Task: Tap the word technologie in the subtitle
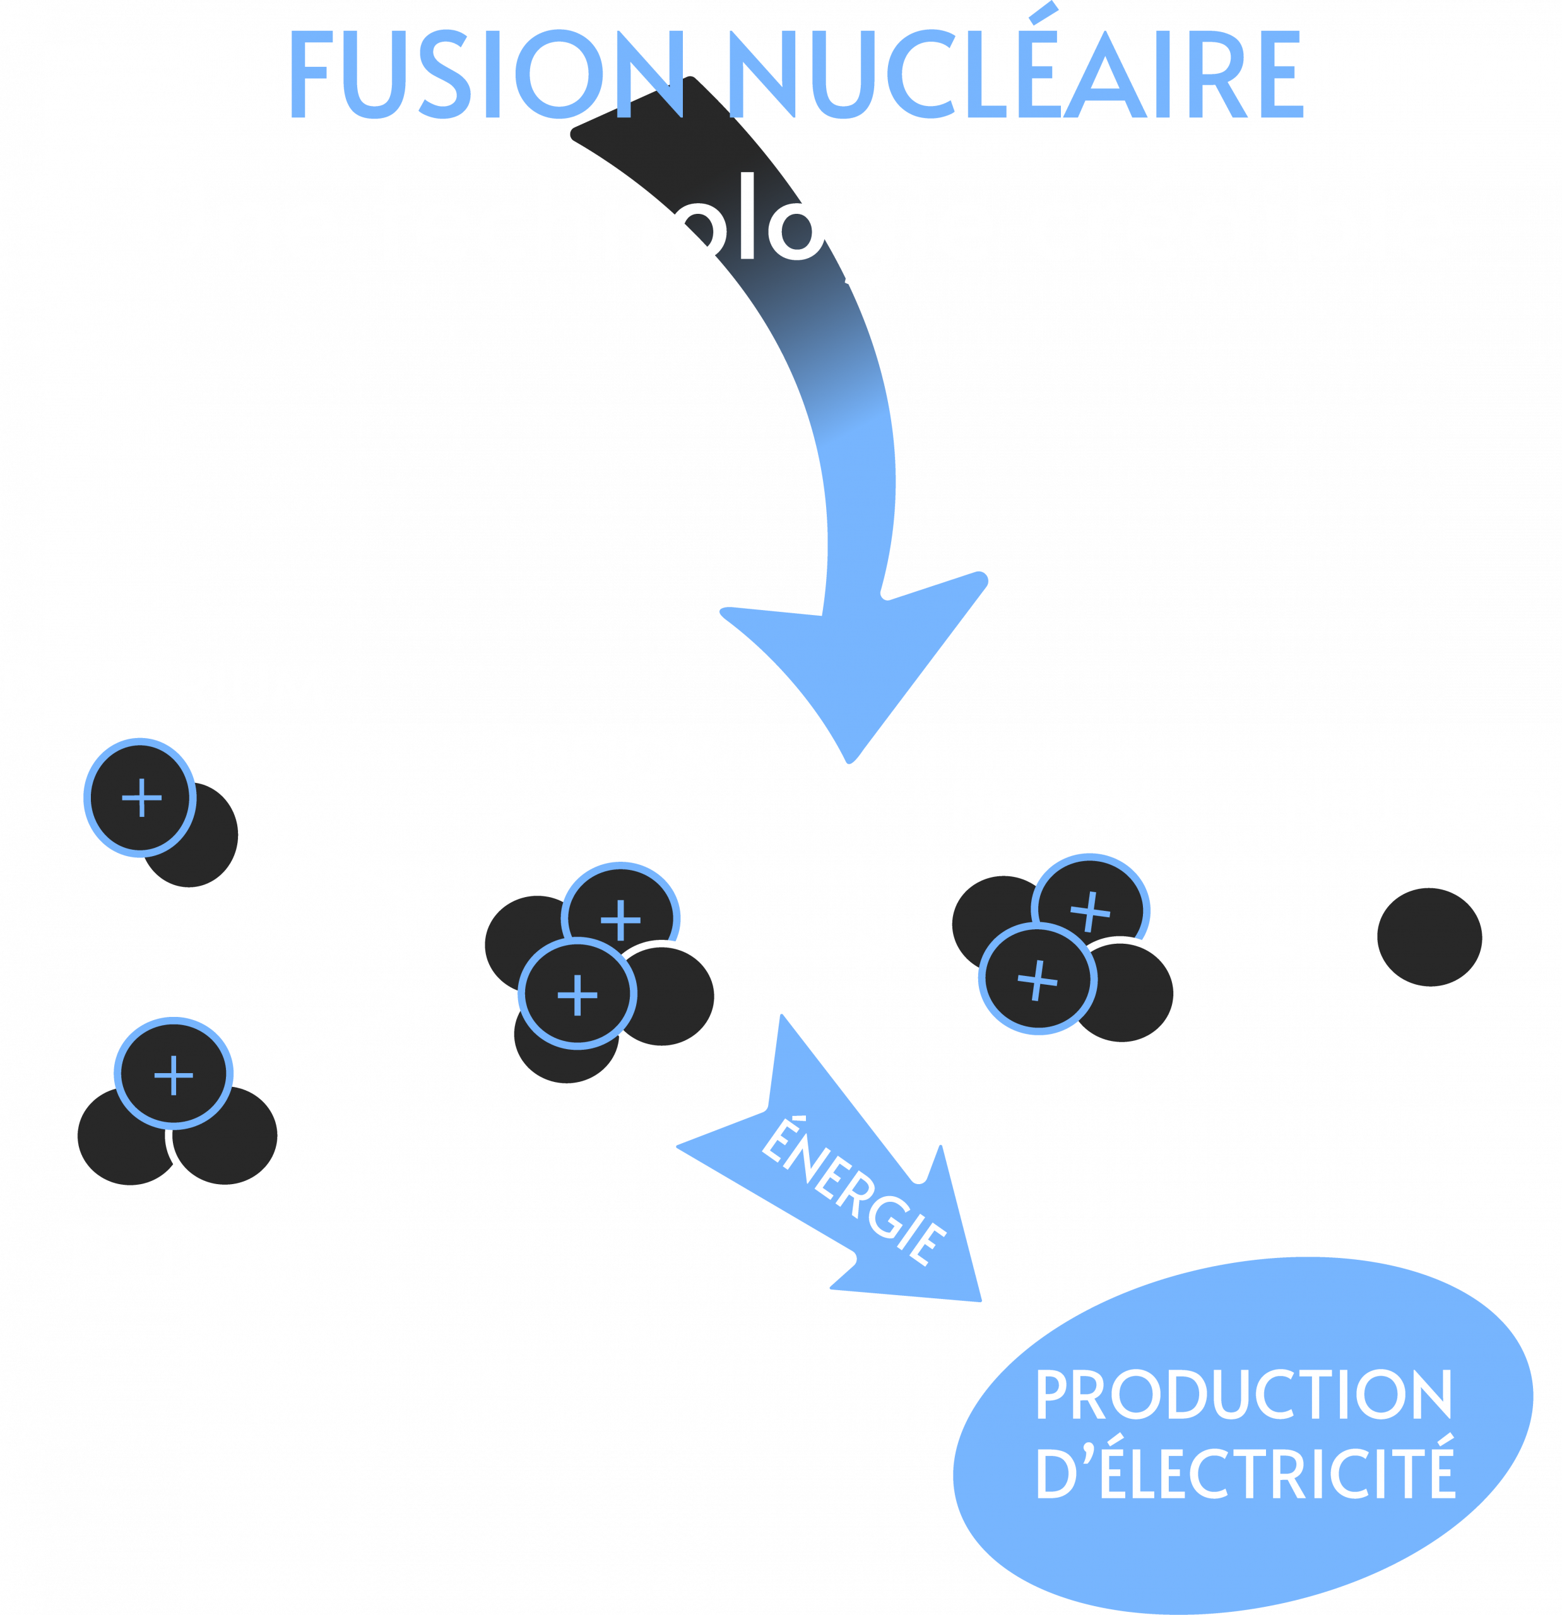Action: coord(684,221)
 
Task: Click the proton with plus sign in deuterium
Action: coord(141,797)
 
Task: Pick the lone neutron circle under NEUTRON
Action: coord(1429,937)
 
